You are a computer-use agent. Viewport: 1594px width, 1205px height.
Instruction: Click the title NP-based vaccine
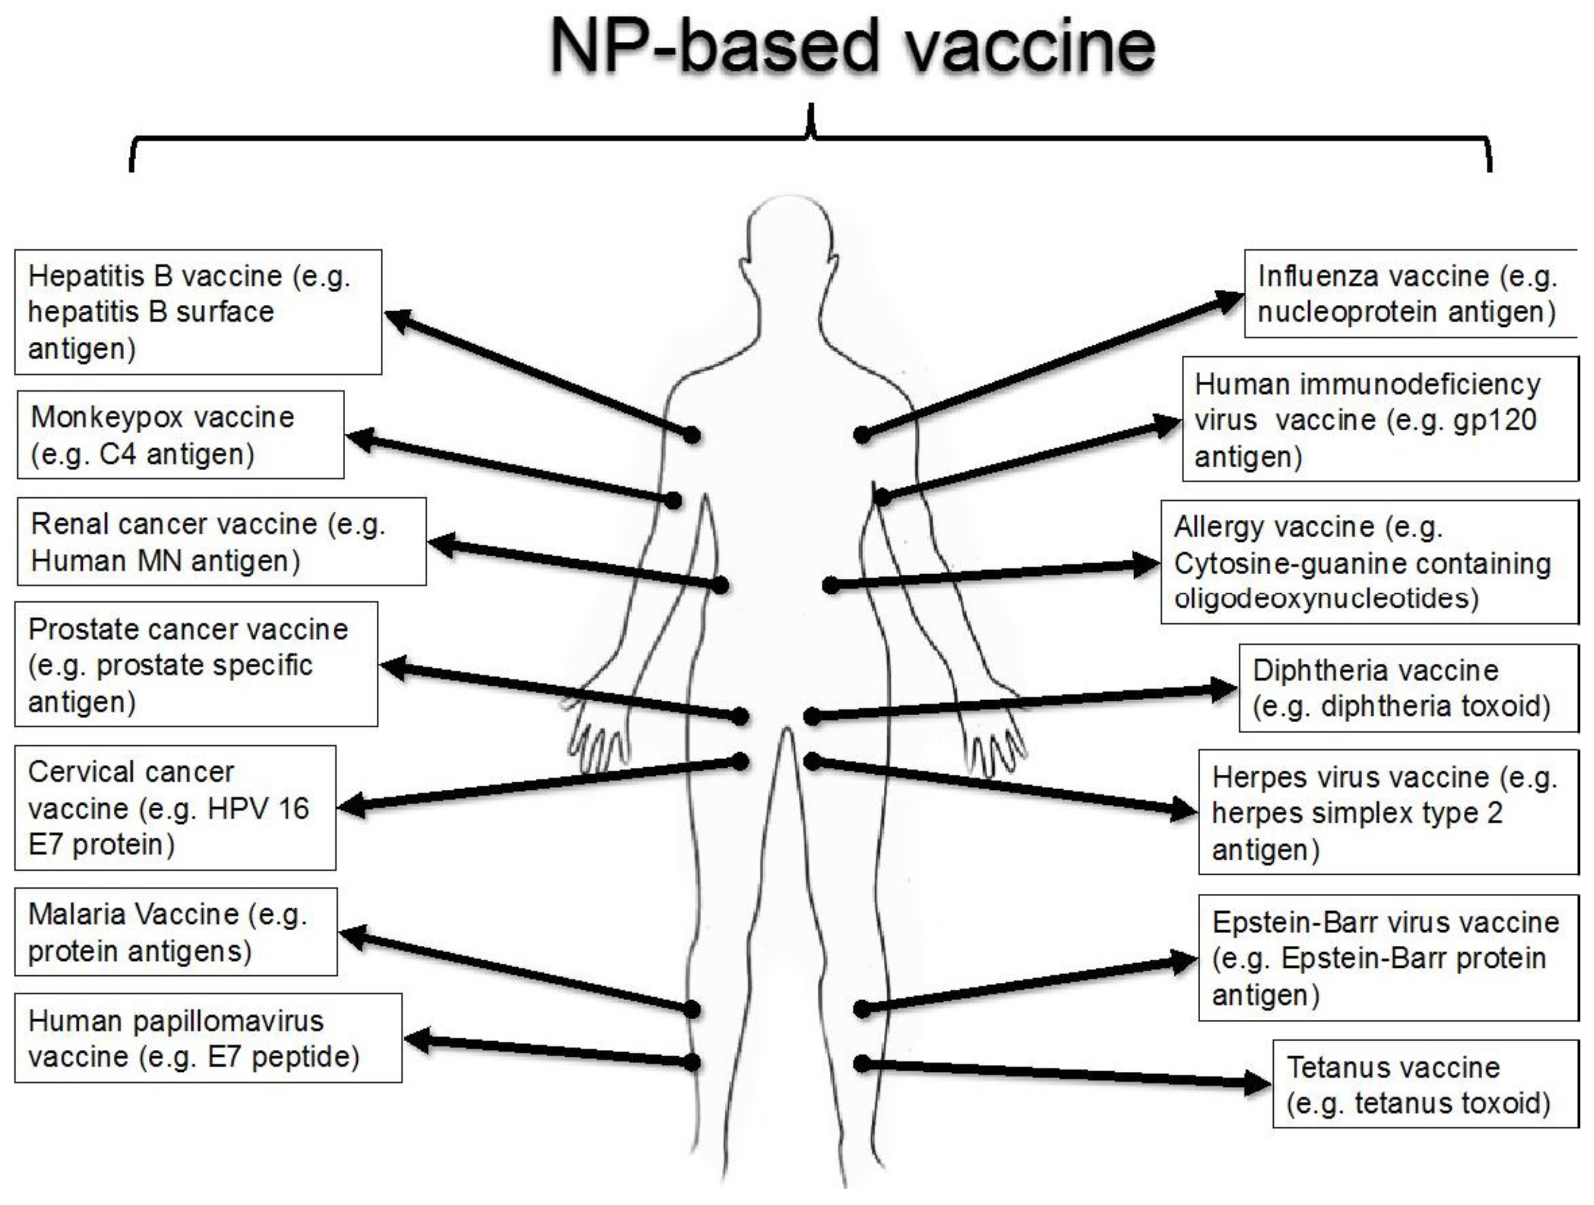pos(853,47)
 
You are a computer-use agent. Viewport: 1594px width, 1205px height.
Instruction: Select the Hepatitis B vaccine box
pos(198,312)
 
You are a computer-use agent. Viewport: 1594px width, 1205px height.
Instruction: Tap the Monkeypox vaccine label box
pos(180,435)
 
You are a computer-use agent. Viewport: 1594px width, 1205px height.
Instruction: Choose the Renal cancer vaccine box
pos(221,542)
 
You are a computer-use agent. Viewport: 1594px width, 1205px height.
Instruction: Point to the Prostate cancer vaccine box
pos(196,664)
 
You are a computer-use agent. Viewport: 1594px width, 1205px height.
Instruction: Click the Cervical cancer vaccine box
pos(175,808)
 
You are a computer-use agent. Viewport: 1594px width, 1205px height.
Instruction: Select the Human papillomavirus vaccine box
pos(208,1039)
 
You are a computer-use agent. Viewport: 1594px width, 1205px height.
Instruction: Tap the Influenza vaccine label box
pos(1410,294)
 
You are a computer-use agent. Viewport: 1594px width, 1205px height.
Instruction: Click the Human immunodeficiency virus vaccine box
pos(1380,420)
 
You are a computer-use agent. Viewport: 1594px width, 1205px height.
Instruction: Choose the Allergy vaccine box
pos(1369,562)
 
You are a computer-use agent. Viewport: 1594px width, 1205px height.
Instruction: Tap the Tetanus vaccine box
pos(1425,1084)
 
